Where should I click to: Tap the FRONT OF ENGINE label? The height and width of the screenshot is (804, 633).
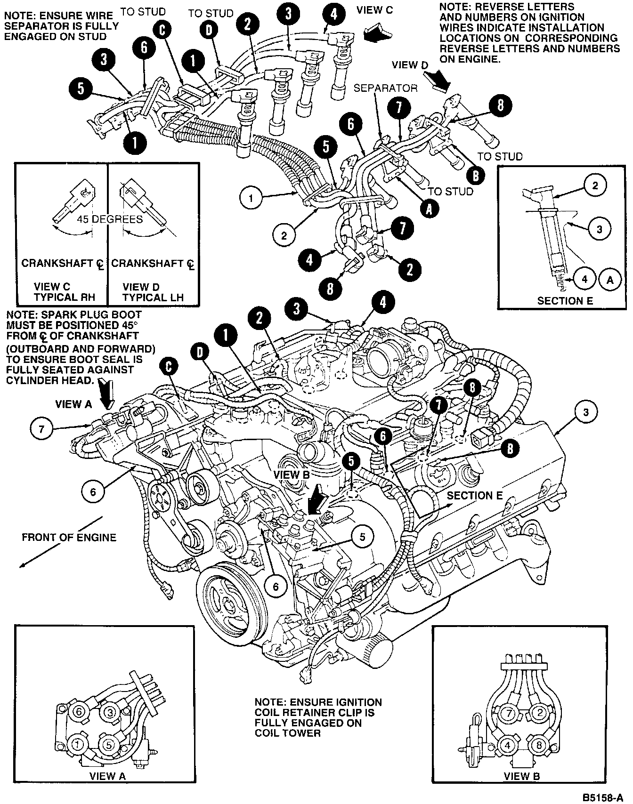[x=69, y=537]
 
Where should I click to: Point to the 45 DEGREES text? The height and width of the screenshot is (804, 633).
[x=110, y=219]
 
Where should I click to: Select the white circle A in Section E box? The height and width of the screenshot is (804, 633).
[x=610, y=279]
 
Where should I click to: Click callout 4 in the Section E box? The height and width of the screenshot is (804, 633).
[x=584, y=279]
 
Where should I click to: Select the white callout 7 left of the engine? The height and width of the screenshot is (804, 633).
[x=42, y=429]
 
